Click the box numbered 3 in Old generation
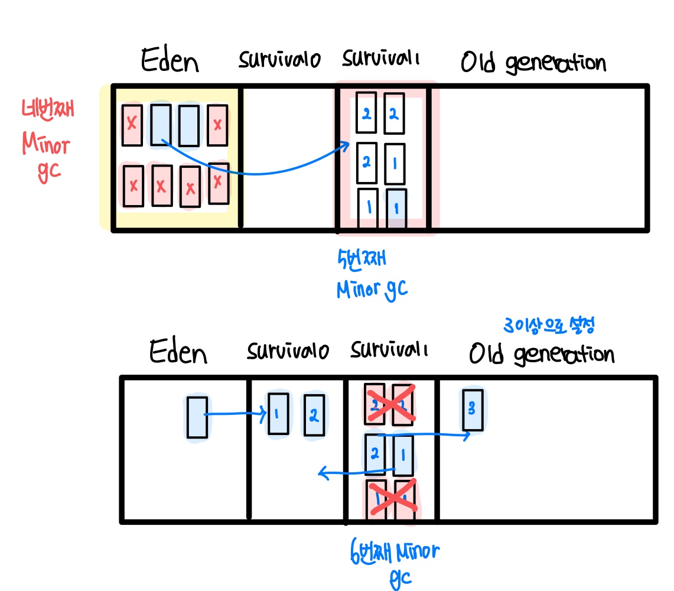[473, 410]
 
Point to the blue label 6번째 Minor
[395, 553]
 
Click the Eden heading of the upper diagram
[170, 61]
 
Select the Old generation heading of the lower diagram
[541, 354]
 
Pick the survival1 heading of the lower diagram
[389, 350]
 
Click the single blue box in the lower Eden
[197, 417]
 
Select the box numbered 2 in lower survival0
[314, 416]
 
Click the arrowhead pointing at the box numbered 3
[467, 436]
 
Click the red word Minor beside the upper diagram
[46, 144]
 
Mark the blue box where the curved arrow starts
[161, 124]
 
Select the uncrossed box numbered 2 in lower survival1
[375, 454]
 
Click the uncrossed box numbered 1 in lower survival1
[402, 454]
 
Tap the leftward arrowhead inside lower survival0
[322, 472]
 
